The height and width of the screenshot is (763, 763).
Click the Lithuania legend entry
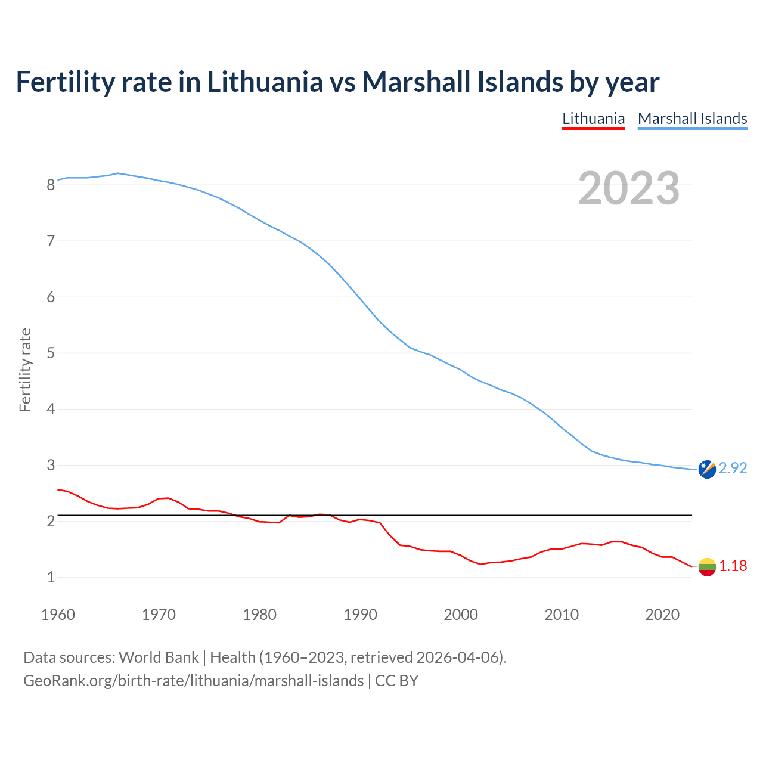point(593,119)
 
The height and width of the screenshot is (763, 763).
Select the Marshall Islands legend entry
point(692,119)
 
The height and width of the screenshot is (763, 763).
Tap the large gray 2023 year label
point(629,188)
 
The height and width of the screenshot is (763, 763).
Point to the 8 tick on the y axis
point(51,185)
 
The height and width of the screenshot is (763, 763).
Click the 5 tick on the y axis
point(51,353)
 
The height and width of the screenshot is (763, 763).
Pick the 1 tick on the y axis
point(51,577)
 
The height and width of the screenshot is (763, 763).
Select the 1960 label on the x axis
point(58,614)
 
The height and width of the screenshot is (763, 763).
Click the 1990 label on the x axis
point(360,614)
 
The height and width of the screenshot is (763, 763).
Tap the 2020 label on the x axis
point(662,614)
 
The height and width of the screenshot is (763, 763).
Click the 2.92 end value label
point(733,469)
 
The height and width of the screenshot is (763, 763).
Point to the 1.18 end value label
point(733,566)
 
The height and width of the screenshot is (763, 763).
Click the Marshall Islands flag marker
point(707,469)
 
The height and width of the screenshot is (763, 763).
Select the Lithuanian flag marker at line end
point(707,567)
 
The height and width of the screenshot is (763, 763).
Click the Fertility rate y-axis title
point(25,370)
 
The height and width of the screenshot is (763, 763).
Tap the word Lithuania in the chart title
point(265,82)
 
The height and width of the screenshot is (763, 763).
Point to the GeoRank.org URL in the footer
point(193,680)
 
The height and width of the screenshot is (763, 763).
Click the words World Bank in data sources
point(159,657)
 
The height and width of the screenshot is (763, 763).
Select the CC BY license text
point(396,680)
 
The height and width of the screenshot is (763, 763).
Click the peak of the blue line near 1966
point(118,173)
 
